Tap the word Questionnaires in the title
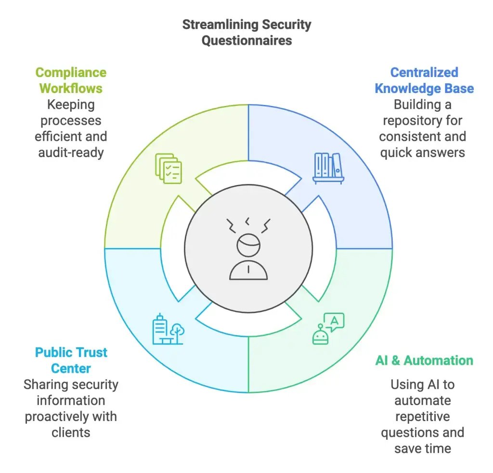pos(246,40)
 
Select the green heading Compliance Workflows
pos(71,80)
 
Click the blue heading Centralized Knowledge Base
pos(424,80)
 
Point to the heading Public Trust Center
pos(71,360)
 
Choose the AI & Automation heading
pos(424,360)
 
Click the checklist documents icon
pos(169,168)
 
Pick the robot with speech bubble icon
pos(328,328)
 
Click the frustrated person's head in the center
pos(248,245)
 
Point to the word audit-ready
pos(70,152)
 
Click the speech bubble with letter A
pos(335,320)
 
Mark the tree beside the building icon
pos(177,332)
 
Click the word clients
pos(71,432)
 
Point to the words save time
pos(422,448)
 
